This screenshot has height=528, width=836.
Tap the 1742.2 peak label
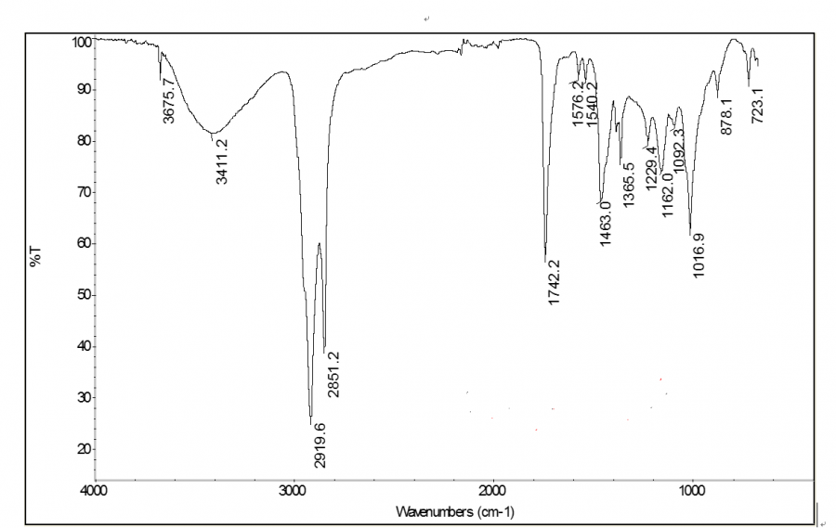tap(555, 283)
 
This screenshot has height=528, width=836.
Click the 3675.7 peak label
tap(169, 100)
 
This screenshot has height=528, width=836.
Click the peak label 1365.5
tap(629, 186)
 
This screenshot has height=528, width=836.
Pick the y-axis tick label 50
tap(82, 295)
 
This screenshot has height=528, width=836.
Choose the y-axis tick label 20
tap(82, 449)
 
